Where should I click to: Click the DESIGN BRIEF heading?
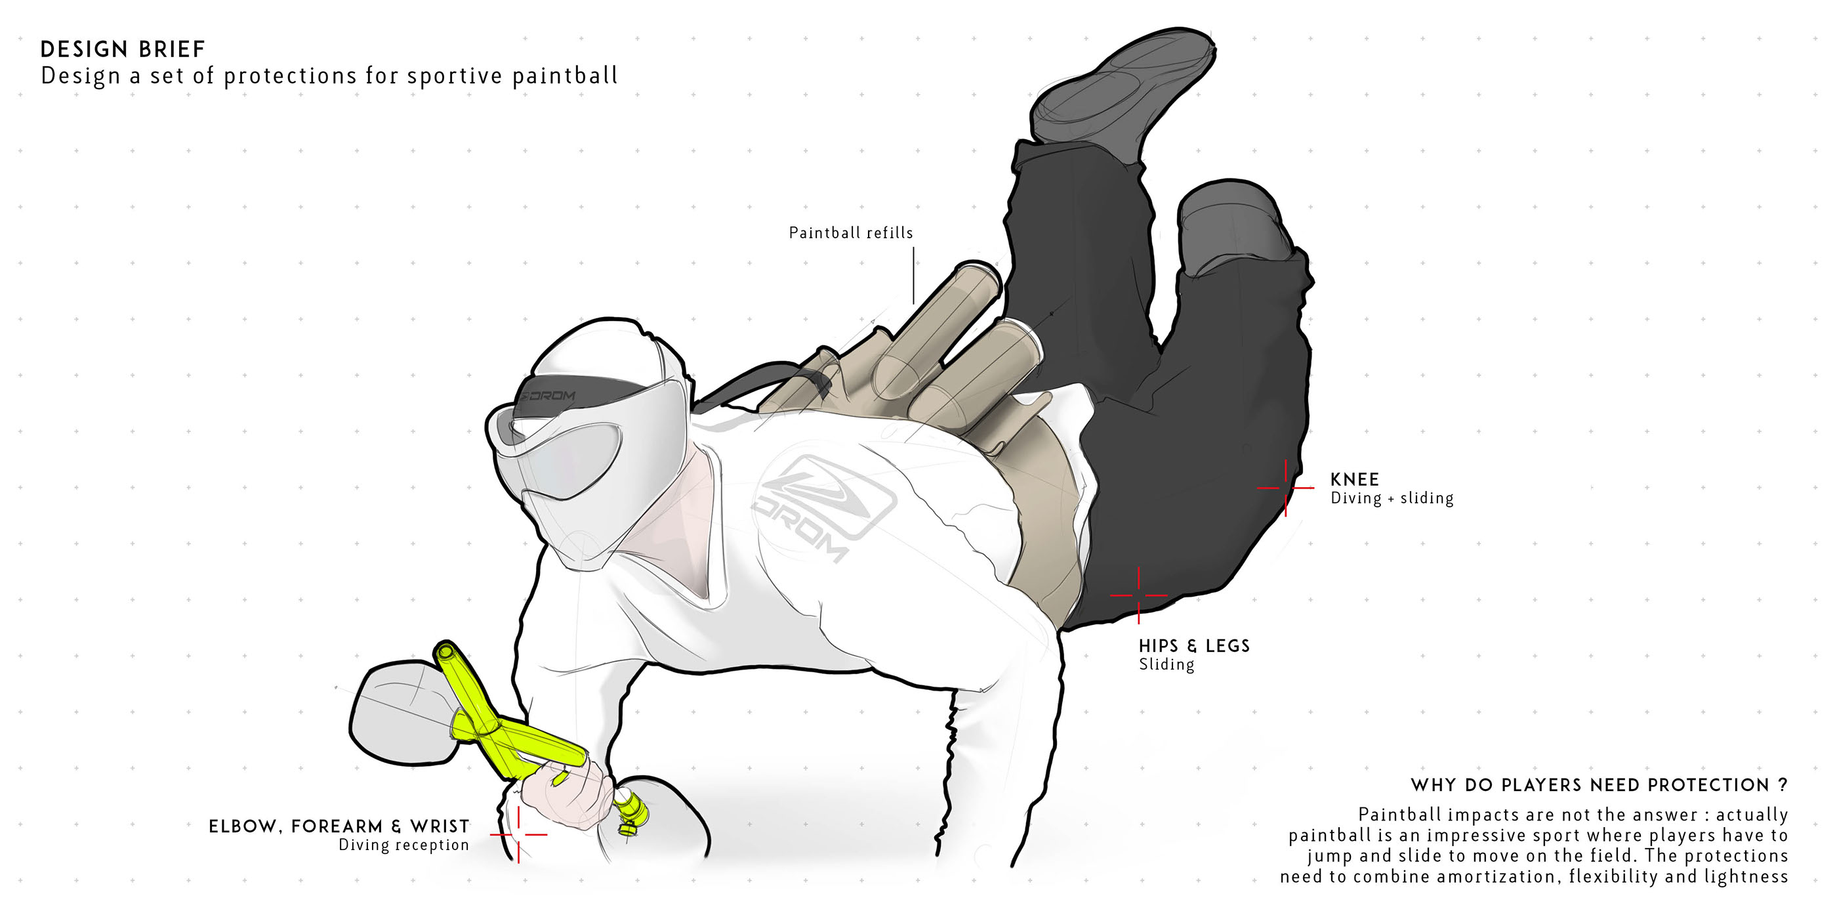pos(123,49)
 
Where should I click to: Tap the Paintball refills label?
pos(850,232)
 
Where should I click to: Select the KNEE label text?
pos(1354,479)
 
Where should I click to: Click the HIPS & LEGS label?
pos(1194,646)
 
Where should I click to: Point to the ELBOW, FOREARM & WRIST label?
pos(339,826)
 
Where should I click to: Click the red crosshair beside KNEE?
pos(1285,488)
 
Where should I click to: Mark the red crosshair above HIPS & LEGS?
pos(1138,595)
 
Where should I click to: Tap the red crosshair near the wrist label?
pos(518,834)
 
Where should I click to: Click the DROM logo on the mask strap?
pos(549,395)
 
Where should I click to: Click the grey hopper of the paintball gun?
pos(400,714)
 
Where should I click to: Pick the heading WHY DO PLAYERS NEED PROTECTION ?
pos(1599,785)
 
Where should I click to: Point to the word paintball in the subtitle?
pos(565,75)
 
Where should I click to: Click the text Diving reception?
pos(403,845)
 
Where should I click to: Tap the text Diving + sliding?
pos(1392,498)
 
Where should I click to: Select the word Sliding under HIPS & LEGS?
pos(1166,664)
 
